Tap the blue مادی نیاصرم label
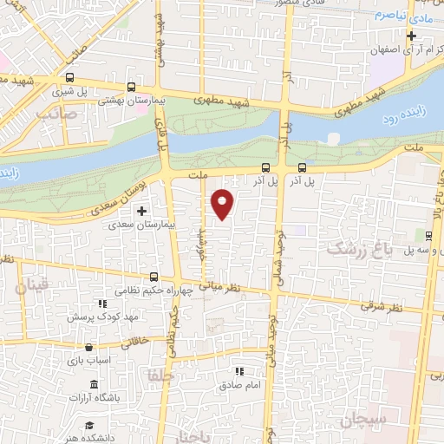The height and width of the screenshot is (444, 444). click(x=408, y=16)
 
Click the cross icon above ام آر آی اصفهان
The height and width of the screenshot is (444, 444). click(x=412, y=36)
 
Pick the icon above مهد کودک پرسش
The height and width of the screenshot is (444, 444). click(x=101, y=304)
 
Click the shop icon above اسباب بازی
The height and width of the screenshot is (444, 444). click(x=88, y=347)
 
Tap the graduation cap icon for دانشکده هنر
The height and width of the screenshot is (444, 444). click(x=88, y=425)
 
